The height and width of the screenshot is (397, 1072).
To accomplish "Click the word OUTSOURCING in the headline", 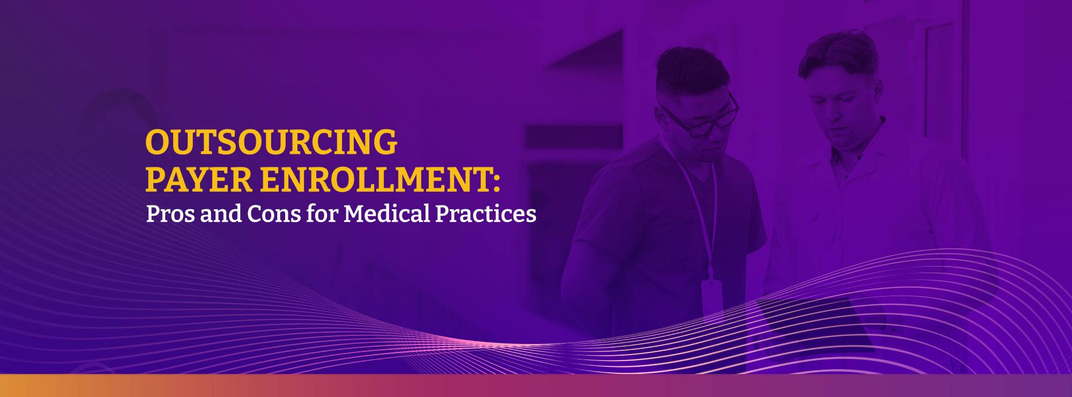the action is point(271,142).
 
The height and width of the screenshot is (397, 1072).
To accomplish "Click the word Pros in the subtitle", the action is point(170,214).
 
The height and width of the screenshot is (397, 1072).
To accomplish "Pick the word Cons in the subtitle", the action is point(274,214).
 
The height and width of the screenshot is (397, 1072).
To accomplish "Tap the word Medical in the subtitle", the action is point(386,214).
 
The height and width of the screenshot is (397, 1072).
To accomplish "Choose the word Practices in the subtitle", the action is point(486,214).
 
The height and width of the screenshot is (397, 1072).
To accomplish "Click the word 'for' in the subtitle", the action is point(322,214).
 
